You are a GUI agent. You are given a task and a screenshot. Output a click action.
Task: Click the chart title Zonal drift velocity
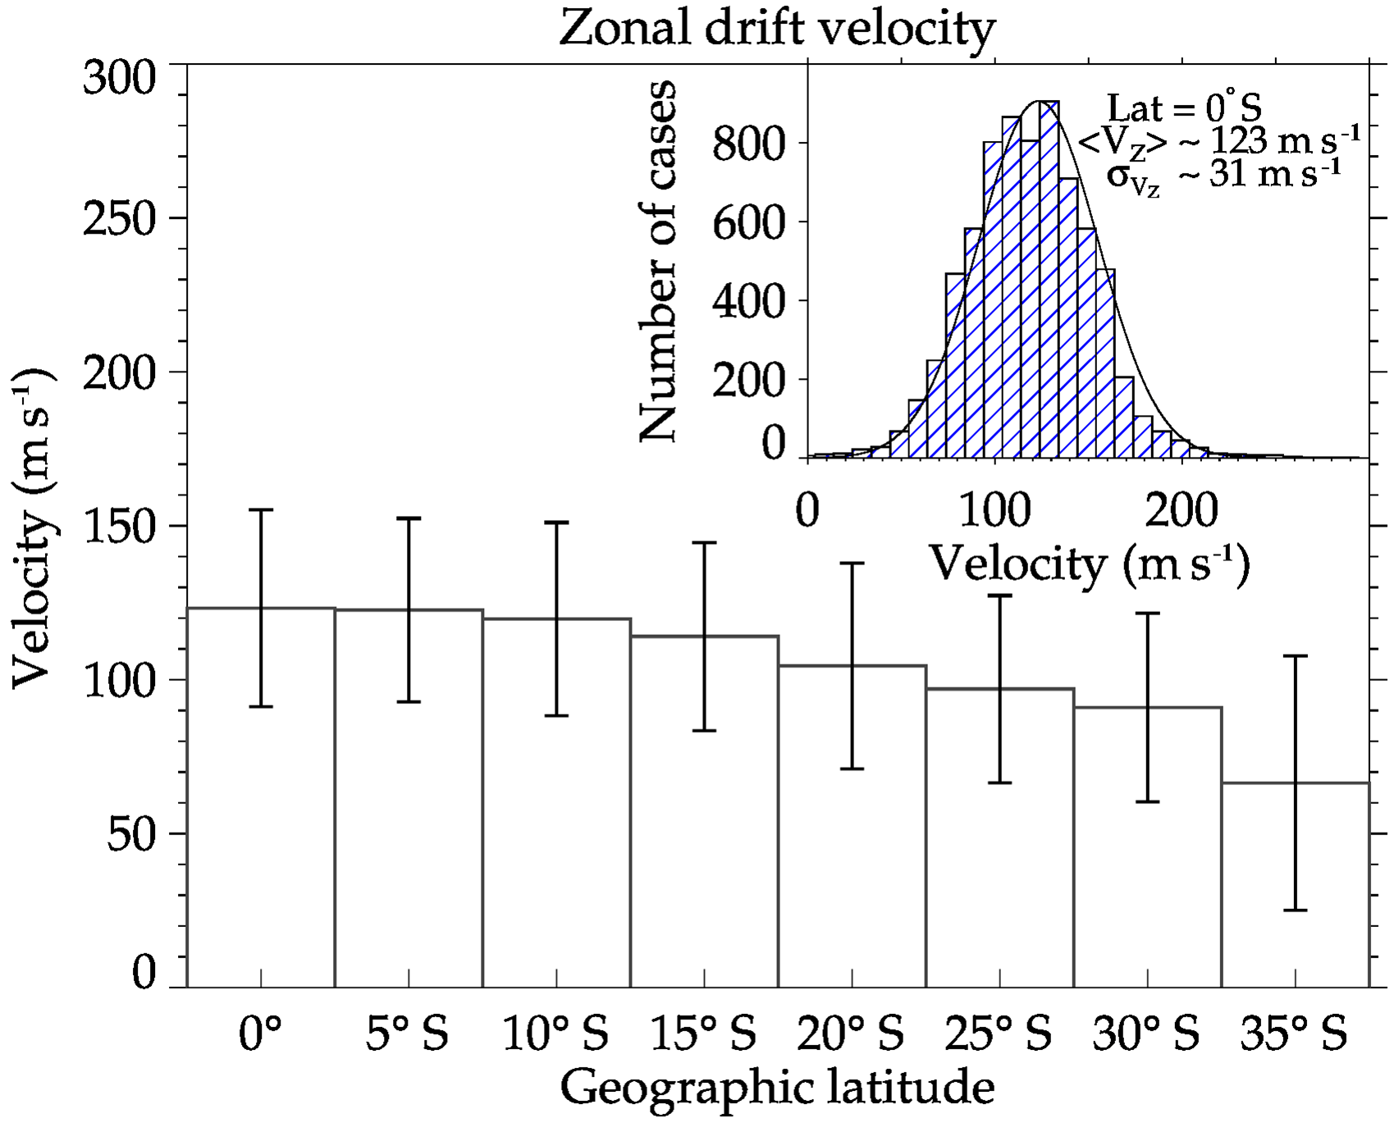tap(776, 30)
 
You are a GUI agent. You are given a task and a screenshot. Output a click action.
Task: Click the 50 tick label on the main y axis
tap(131, 834)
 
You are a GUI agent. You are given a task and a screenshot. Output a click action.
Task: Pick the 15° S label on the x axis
tap(703, 1033)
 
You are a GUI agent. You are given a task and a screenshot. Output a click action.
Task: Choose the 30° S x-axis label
tap(1146, 1033)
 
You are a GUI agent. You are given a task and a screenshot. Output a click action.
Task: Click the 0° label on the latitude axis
tap(260, 1033)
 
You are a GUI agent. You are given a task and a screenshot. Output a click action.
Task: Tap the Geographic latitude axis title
tap(777, 1087)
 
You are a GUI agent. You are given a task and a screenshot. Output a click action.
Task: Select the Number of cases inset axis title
tap(658, 261)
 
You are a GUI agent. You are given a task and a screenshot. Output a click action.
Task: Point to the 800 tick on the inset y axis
tap(749, 144)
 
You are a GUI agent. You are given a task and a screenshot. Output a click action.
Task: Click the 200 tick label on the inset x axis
tap(1181, 510)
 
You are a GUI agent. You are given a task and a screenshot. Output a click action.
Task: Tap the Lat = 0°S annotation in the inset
tap(1184, 107)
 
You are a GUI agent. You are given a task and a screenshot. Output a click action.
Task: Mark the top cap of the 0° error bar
tap(261, 510)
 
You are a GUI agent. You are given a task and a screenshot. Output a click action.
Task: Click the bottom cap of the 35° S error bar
tap(1295, 910)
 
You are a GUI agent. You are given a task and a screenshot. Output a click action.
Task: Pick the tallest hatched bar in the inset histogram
tap(1049, 279)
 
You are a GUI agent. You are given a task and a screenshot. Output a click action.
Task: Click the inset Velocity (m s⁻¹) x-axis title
tap(1089, 564)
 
